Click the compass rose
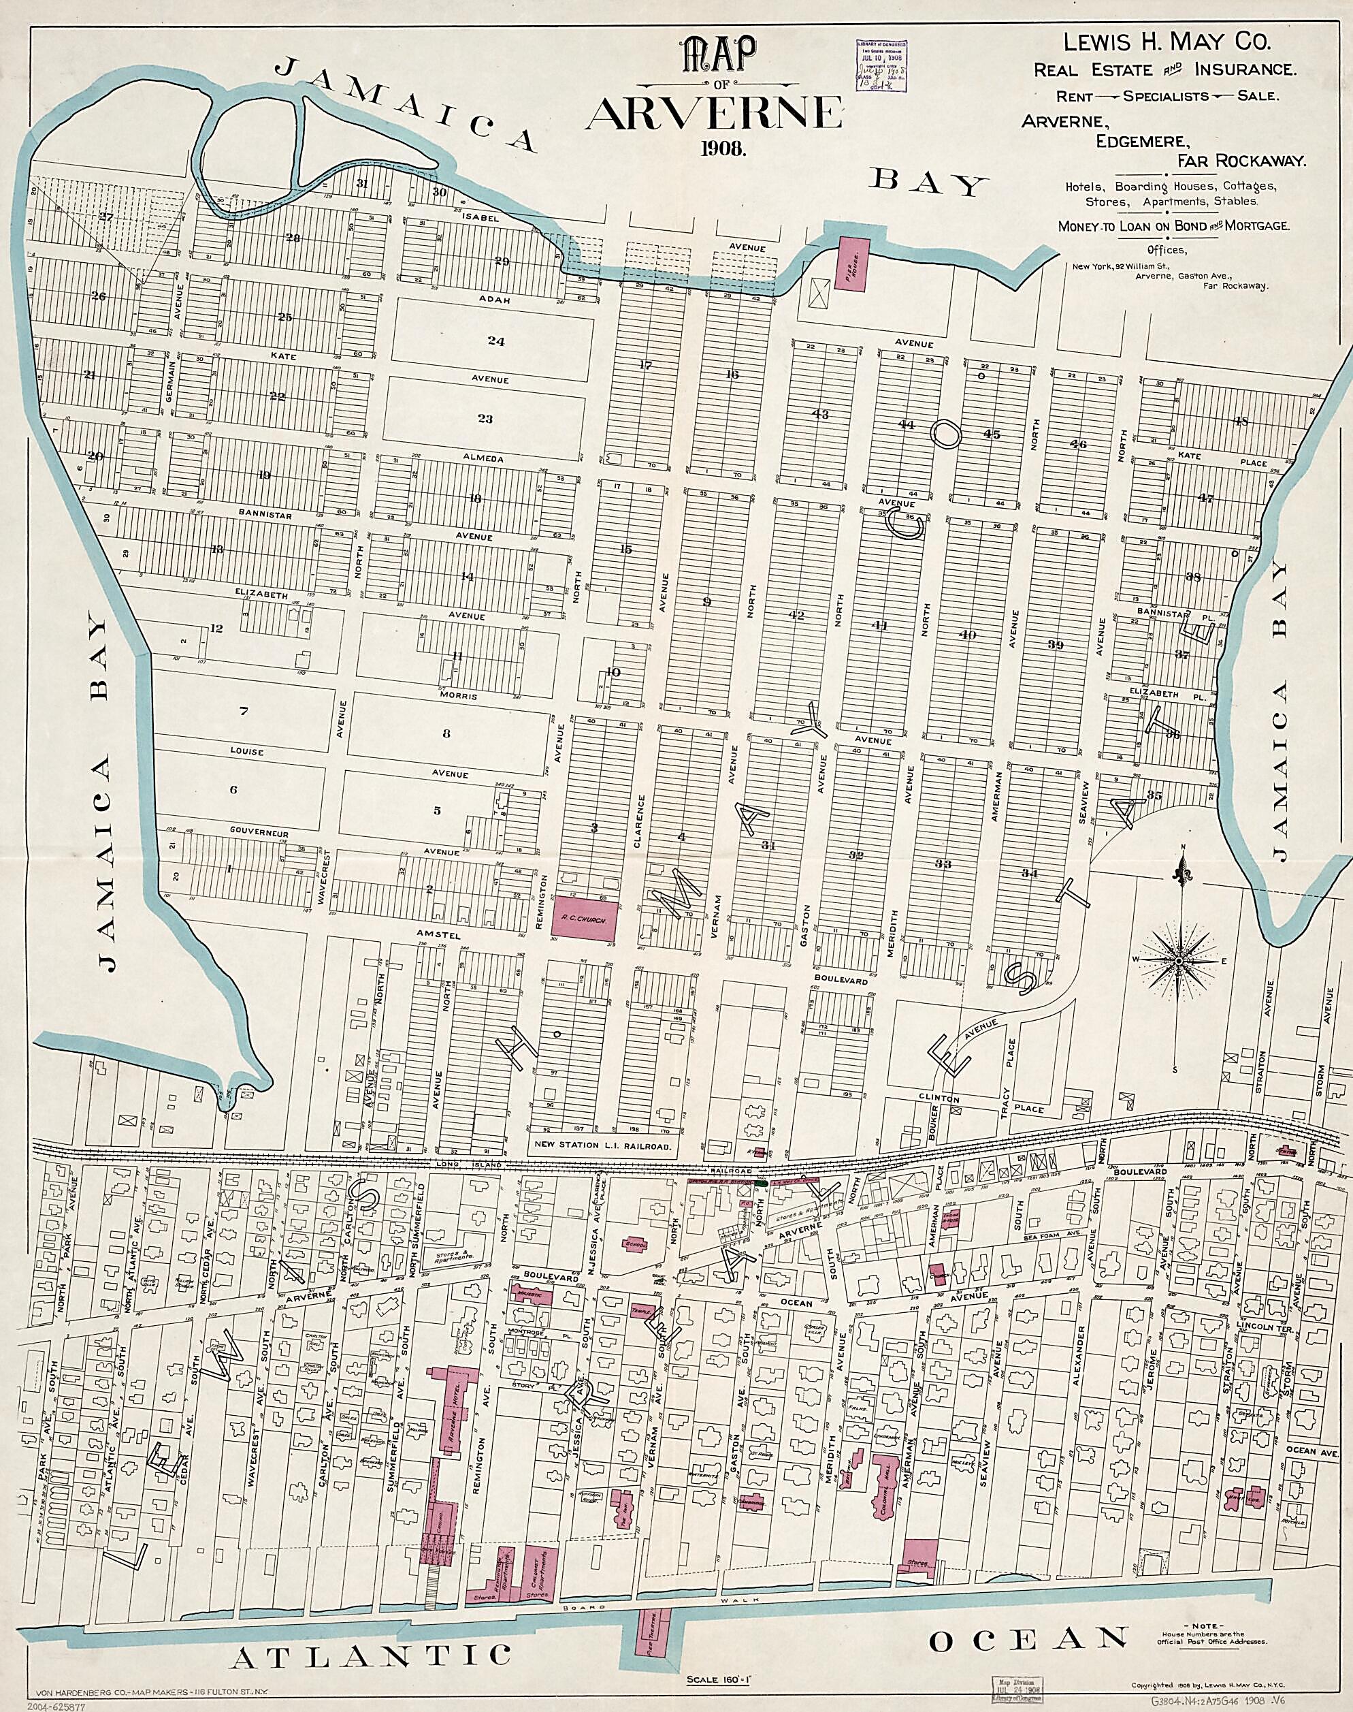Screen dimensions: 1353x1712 pos(1178,961)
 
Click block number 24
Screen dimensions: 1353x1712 pos(496,342)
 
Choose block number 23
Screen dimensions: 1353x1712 pos(485,419)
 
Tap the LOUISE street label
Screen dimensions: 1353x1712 pos(246,750)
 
